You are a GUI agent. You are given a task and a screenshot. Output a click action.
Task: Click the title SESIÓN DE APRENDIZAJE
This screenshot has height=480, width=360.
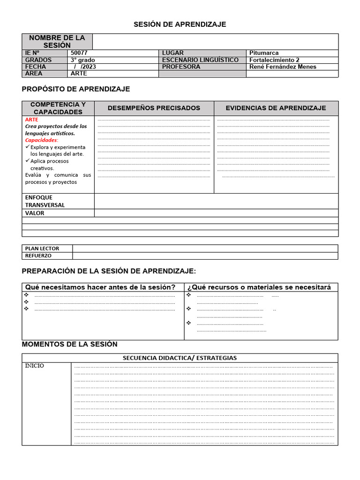click(180, 24)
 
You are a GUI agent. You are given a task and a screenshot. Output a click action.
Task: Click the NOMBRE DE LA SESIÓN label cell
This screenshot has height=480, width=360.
click(57, 41)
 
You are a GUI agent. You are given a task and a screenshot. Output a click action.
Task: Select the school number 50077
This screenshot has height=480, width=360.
click(79, 53)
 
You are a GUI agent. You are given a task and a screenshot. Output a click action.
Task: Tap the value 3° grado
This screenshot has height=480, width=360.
click(82, 60)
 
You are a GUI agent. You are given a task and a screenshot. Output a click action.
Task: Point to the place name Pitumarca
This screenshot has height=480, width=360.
click(264, 53)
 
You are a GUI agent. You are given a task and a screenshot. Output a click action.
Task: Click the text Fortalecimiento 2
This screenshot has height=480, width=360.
click(274, 60)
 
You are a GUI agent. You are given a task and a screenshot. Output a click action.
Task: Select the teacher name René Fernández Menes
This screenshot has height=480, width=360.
click(283, 67)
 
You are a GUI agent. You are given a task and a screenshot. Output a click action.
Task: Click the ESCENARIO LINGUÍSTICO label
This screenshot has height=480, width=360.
click(200, 60)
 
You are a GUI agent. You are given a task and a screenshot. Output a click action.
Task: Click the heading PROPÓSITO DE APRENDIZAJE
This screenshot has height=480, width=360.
click(76, 89)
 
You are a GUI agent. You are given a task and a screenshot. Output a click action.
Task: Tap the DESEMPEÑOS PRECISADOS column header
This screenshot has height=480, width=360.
click(154, 108)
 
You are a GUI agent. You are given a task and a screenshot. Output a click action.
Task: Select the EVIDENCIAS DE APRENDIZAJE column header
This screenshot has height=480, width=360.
click(276, 108)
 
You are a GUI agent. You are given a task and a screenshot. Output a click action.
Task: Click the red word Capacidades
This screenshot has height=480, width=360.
click(41, 140)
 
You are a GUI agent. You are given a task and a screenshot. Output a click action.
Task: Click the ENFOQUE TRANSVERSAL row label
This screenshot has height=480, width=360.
click(45, 201)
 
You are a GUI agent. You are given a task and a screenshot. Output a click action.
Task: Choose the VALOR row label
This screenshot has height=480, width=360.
click(35, 213)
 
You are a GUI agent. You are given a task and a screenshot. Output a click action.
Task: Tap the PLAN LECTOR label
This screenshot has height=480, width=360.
click(42, 248)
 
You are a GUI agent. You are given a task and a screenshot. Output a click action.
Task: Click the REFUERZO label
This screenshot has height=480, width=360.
click(38, 256)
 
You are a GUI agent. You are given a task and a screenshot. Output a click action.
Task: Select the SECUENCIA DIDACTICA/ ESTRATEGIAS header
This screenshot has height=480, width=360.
click(180, 358)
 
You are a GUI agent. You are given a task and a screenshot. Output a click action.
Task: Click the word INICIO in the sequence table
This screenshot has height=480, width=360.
click(35, 366)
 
